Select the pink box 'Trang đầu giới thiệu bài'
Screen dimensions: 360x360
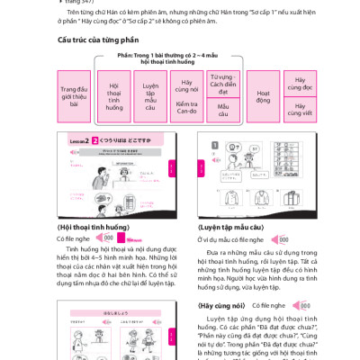point(74,96)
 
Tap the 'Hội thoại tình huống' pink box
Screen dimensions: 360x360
point(114,96)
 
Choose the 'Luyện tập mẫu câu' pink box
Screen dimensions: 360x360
point(150,96)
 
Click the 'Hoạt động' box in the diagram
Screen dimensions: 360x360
point(263,96)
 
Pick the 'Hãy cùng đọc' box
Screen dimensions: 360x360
point(300,84)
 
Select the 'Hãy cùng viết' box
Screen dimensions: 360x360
point(300,110)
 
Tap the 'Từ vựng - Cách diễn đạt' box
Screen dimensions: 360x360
point(222,84)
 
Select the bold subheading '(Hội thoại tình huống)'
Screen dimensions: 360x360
point(94,227)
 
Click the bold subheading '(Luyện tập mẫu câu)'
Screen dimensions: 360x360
point(231,227)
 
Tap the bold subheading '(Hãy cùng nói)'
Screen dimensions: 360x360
point(221,305)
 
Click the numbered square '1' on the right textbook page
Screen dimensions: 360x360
point(215,145)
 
